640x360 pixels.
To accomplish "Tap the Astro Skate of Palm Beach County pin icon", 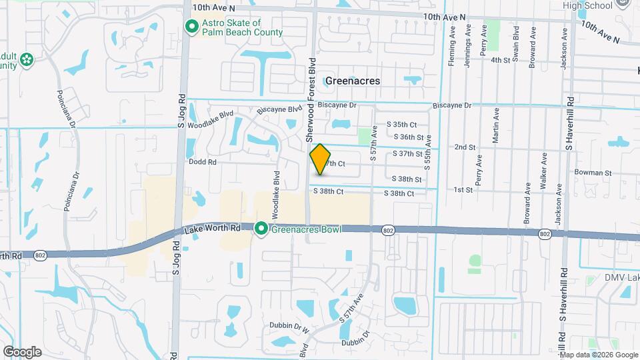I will [192, 27].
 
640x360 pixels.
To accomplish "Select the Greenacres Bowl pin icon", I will [261, 229].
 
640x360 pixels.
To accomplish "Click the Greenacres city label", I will [353, 81].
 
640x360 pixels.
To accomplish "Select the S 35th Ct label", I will [402, 125].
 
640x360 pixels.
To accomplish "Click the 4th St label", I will [500, 60].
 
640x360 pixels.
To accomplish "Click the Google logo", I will [22, 352].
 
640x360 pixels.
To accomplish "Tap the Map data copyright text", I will [598, 355].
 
